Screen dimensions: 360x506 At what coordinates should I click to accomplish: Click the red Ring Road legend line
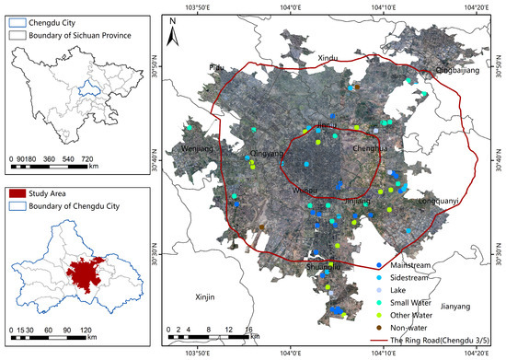[x=378, y=340]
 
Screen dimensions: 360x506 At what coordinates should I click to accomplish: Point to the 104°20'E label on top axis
[x=477, y=6]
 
